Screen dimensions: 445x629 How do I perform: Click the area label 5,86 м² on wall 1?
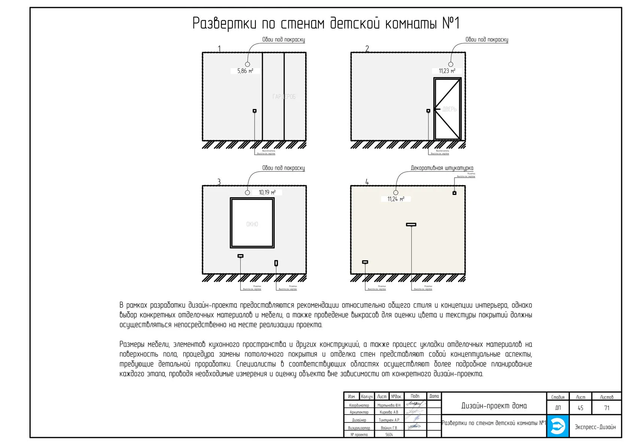click(x=245, y=71)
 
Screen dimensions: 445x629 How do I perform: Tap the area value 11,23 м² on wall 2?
click(x=447, y=71)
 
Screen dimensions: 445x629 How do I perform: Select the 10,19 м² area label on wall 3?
click(x=267, y=192)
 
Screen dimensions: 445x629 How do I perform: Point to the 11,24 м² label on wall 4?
click(x=396, y=199)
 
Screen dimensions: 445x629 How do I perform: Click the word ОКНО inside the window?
click(x=252, y=224)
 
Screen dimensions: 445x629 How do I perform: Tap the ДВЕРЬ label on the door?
click(x=449, y=109)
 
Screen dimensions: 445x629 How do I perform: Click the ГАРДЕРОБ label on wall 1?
click(x=284, y=97)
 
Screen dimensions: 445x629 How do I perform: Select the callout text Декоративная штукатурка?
click(x=442, y=168)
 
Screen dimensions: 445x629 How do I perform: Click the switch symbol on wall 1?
click(x=255, y=111)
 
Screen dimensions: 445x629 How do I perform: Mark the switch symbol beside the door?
click(x=428, y=111)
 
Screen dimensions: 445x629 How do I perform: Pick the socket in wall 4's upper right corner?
click(x=454, y=193)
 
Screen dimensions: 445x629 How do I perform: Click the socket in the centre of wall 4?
click(x=411, y=225)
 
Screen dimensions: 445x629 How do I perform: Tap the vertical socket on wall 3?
click(x=276, y=263)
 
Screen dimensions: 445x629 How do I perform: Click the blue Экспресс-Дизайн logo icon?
click(x=557, y=426)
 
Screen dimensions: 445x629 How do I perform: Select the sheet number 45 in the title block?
click(x=580, y=408)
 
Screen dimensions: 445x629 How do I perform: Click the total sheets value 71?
click(x=607, y=408)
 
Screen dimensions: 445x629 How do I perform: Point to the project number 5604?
click(x=389, y=435)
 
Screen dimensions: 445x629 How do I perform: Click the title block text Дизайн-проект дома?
click(x=494, y=406)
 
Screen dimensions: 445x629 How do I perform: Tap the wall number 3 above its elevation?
click(x=219, y=182)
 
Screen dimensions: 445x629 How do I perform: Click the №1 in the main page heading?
click(x=451, y=23)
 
